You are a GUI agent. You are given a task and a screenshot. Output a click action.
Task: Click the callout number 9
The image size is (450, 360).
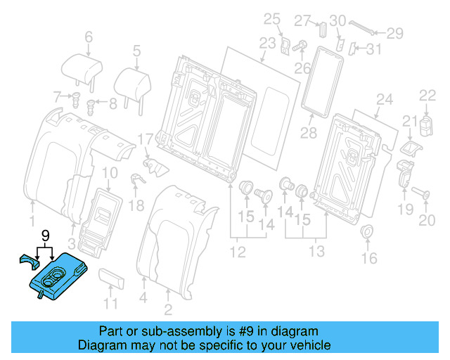point(46,235)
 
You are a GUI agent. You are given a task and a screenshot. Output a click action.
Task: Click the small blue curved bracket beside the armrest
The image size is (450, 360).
point(30,261)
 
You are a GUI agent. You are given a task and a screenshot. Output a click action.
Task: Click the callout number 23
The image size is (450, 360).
point(267,44)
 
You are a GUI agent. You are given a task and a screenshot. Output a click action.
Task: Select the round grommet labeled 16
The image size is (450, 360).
point(366,233)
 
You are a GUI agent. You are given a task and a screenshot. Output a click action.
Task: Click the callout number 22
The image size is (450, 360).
point(427,96)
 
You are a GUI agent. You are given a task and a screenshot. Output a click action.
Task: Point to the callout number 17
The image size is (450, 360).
point(144,141)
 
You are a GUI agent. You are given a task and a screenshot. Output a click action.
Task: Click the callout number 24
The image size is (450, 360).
point(384,99)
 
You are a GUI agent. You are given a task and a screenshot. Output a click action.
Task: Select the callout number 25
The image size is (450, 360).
point(271,18)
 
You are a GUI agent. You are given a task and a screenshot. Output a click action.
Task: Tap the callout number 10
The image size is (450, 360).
point(110,173)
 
